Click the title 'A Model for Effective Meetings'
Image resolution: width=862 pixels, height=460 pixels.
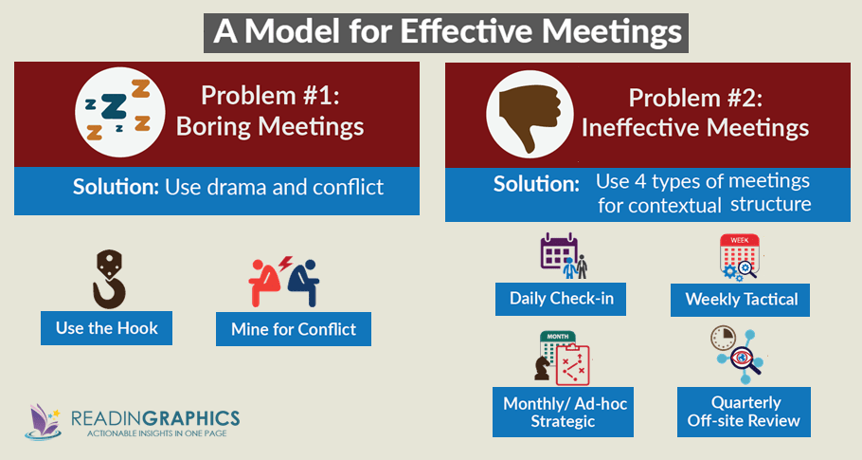tap(447, 31)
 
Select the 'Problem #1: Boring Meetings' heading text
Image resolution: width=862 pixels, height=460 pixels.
tap(269, 111)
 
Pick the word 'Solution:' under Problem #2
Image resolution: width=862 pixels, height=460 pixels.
tap(534, 185)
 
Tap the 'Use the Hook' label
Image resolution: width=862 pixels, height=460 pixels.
tap(106, 328)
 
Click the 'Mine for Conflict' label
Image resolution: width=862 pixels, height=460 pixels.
tap(294, 329)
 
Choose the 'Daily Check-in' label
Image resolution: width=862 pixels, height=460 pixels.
tap(562, 300)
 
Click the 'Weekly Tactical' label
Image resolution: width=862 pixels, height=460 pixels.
tap(742, 301)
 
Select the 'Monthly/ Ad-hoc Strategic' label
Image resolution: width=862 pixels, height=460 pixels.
tap(565, 412)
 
